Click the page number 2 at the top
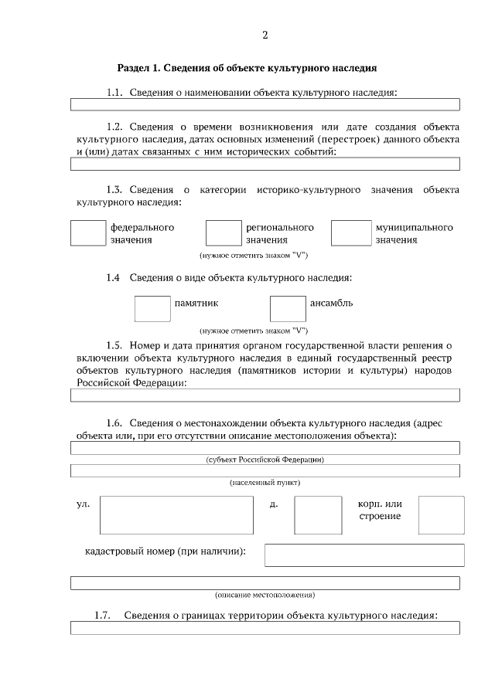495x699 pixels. coord(265,35)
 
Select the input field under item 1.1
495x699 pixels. coord(265,104)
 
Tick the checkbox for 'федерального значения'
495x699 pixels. coord(87,233)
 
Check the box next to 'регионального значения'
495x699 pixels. coord(224,233)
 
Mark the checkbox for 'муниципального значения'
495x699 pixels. coord(351,233)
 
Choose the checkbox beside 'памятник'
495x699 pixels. coord(152,308)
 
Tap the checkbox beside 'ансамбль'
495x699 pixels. coord(288,308)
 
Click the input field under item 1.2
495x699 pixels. coord(265,164)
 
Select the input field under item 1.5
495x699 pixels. coord(265,395)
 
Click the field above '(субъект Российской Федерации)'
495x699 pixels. coord(265,447)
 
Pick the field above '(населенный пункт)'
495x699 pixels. coord(265,470)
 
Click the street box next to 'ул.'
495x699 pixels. coord(176,515)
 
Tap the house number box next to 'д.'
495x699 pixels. coord(318,515)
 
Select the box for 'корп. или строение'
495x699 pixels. coord(441,515)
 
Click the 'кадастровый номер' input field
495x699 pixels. coord(364,555)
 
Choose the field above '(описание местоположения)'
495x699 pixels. coord(265,583)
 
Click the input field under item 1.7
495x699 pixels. coord(265,628)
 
